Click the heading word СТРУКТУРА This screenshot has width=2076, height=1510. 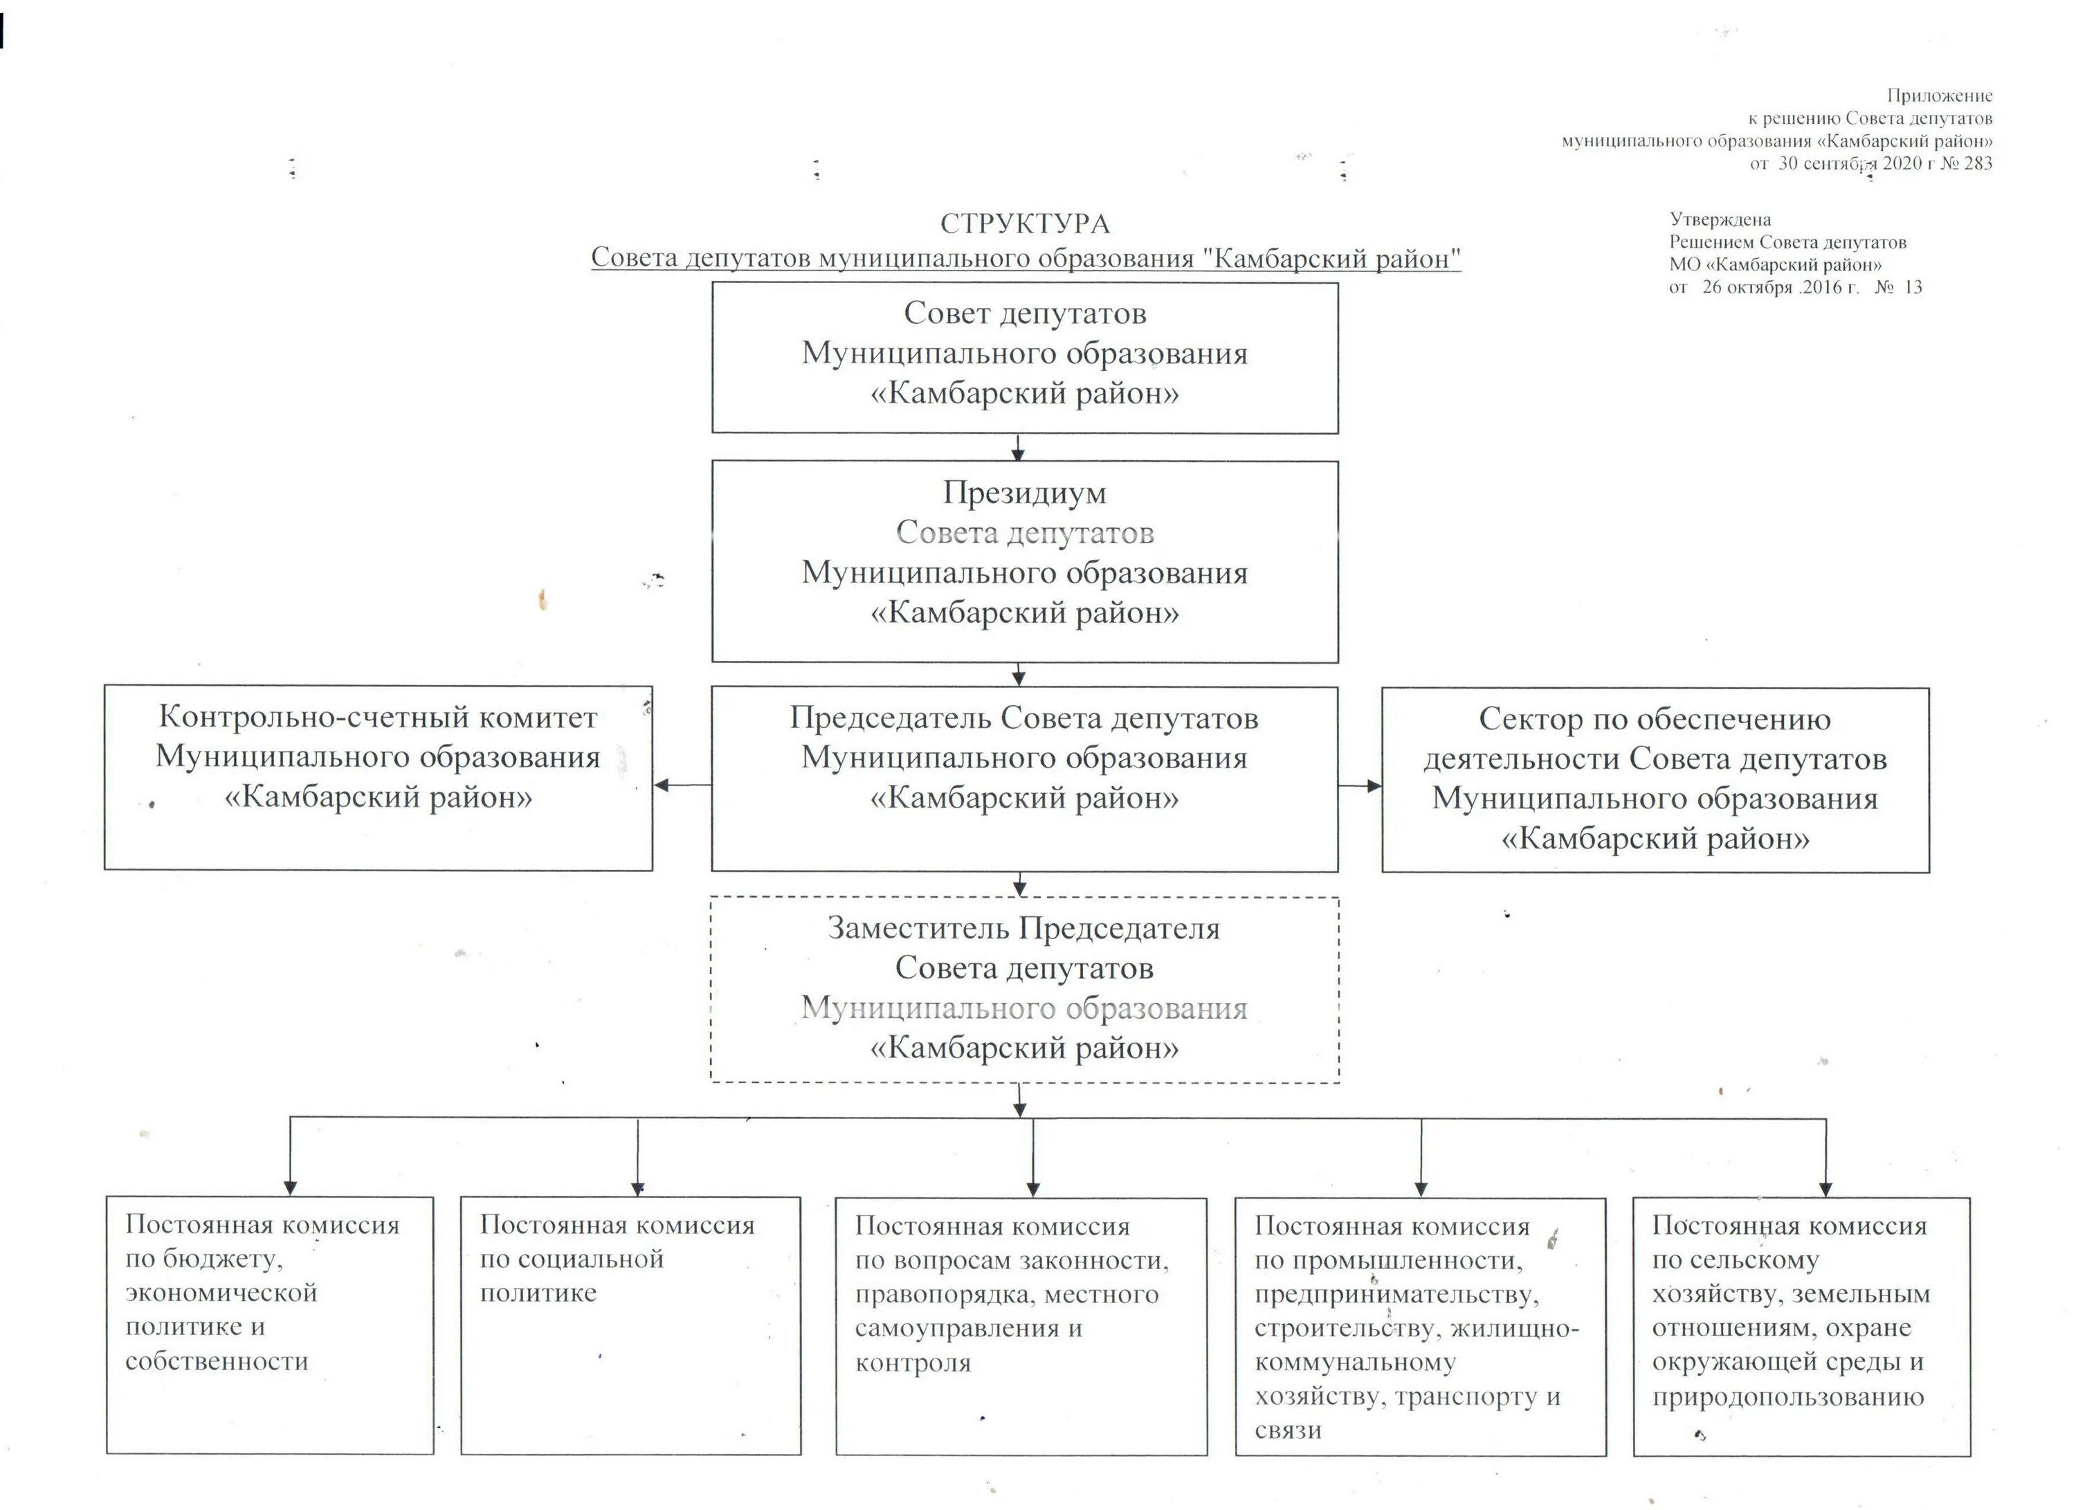point(1024,224)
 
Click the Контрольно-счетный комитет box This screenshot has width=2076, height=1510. point(378,777)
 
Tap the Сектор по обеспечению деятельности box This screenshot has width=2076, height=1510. point(1655,780)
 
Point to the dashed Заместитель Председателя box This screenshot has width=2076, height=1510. point(1024,990)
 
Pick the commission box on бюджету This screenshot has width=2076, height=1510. point(270,1325)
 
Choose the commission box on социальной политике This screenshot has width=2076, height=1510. point(630,1325)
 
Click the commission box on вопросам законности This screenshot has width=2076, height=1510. point(1021,1326)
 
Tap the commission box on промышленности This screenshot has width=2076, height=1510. point(1420,1326)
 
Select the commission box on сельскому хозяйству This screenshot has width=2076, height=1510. point(1801,1326)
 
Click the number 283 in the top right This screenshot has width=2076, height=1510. point(1978,164)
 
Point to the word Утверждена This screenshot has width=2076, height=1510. point(1720,219)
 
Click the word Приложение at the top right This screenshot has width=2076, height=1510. point(1940,95)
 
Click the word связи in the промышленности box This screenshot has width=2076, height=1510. point(1288,1430)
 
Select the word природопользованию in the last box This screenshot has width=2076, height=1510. point(1787,1397)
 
